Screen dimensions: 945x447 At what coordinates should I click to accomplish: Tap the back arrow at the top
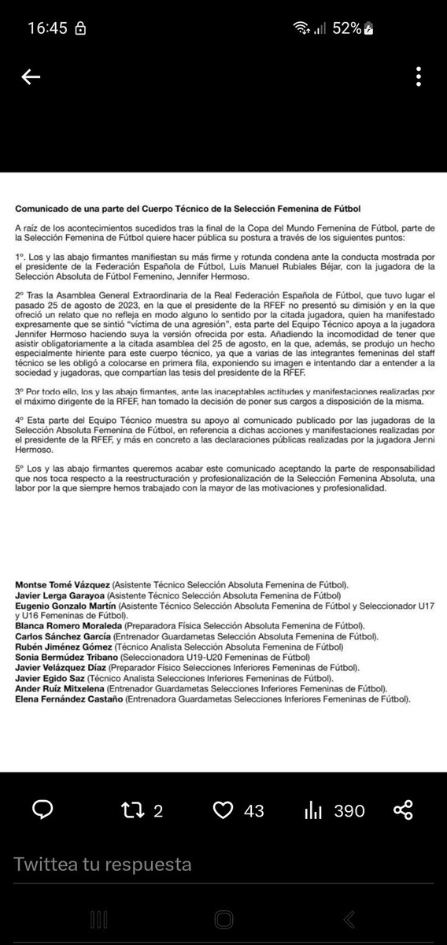pyautogui.click(x=31, y=77)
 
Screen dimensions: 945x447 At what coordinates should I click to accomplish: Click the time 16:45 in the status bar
pyautogui.click(x=49, y=28)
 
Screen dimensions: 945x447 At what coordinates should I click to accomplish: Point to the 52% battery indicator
pyautogui.click(x=346, y=28)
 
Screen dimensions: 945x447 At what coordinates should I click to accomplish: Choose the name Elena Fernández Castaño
pyautogui.click(x=66, y=698)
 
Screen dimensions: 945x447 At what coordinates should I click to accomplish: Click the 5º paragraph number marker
pyautogui.click(x=20, y=466)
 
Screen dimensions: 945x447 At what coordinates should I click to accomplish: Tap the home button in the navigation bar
pyautogui.click(x=223, y=919)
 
